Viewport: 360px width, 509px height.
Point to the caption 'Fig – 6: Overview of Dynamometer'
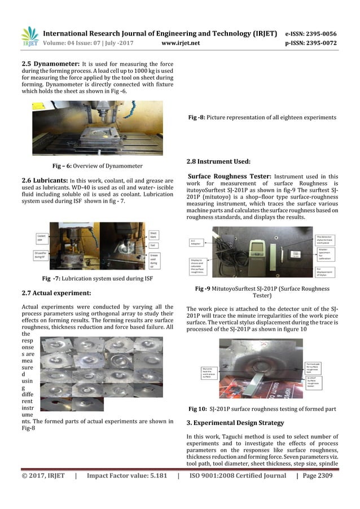(x=97, y=166)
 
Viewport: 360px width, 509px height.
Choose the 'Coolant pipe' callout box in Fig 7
(x=42, y=238)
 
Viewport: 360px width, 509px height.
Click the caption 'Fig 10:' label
(x=197, y=408)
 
